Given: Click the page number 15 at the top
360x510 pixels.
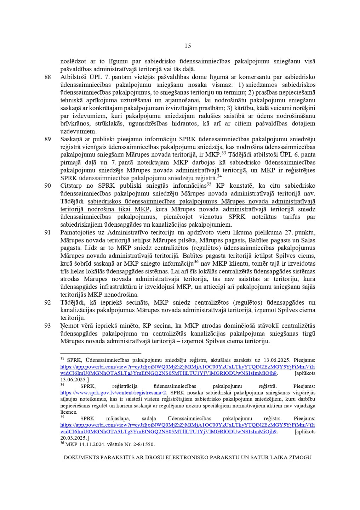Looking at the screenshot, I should (188, 46).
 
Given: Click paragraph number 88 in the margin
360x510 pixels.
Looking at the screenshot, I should (48, 77).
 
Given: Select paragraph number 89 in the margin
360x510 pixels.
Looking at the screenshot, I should (48, 139).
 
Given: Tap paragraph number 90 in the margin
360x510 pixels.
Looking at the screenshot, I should (48, 186).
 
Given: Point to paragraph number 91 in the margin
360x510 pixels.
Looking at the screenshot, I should (48, 232).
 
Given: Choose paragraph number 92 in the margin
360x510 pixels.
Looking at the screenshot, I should (48, 302).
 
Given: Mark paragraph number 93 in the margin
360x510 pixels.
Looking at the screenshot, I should (48, 326).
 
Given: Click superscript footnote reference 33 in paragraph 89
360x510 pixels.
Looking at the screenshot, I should (224, 153).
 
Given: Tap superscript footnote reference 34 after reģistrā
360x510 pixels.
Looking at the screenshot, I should (219, 176).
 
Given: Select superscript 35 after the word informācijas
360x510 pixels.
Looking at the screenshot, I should (209, 184).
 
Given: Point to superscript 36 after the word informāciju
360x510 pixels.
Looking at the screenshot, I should (196, 262).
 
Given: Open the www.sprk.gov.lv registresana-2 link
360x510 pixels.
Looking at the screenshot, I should (113, 392).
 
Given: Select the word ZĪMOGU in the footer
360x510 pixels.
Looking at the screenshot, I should (301, 457).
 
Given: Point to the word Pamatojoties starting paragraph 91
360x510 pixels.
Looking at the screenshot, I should (77, 232).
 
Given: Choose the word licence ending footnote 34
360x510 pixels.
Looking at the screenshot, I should (68, 412).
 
